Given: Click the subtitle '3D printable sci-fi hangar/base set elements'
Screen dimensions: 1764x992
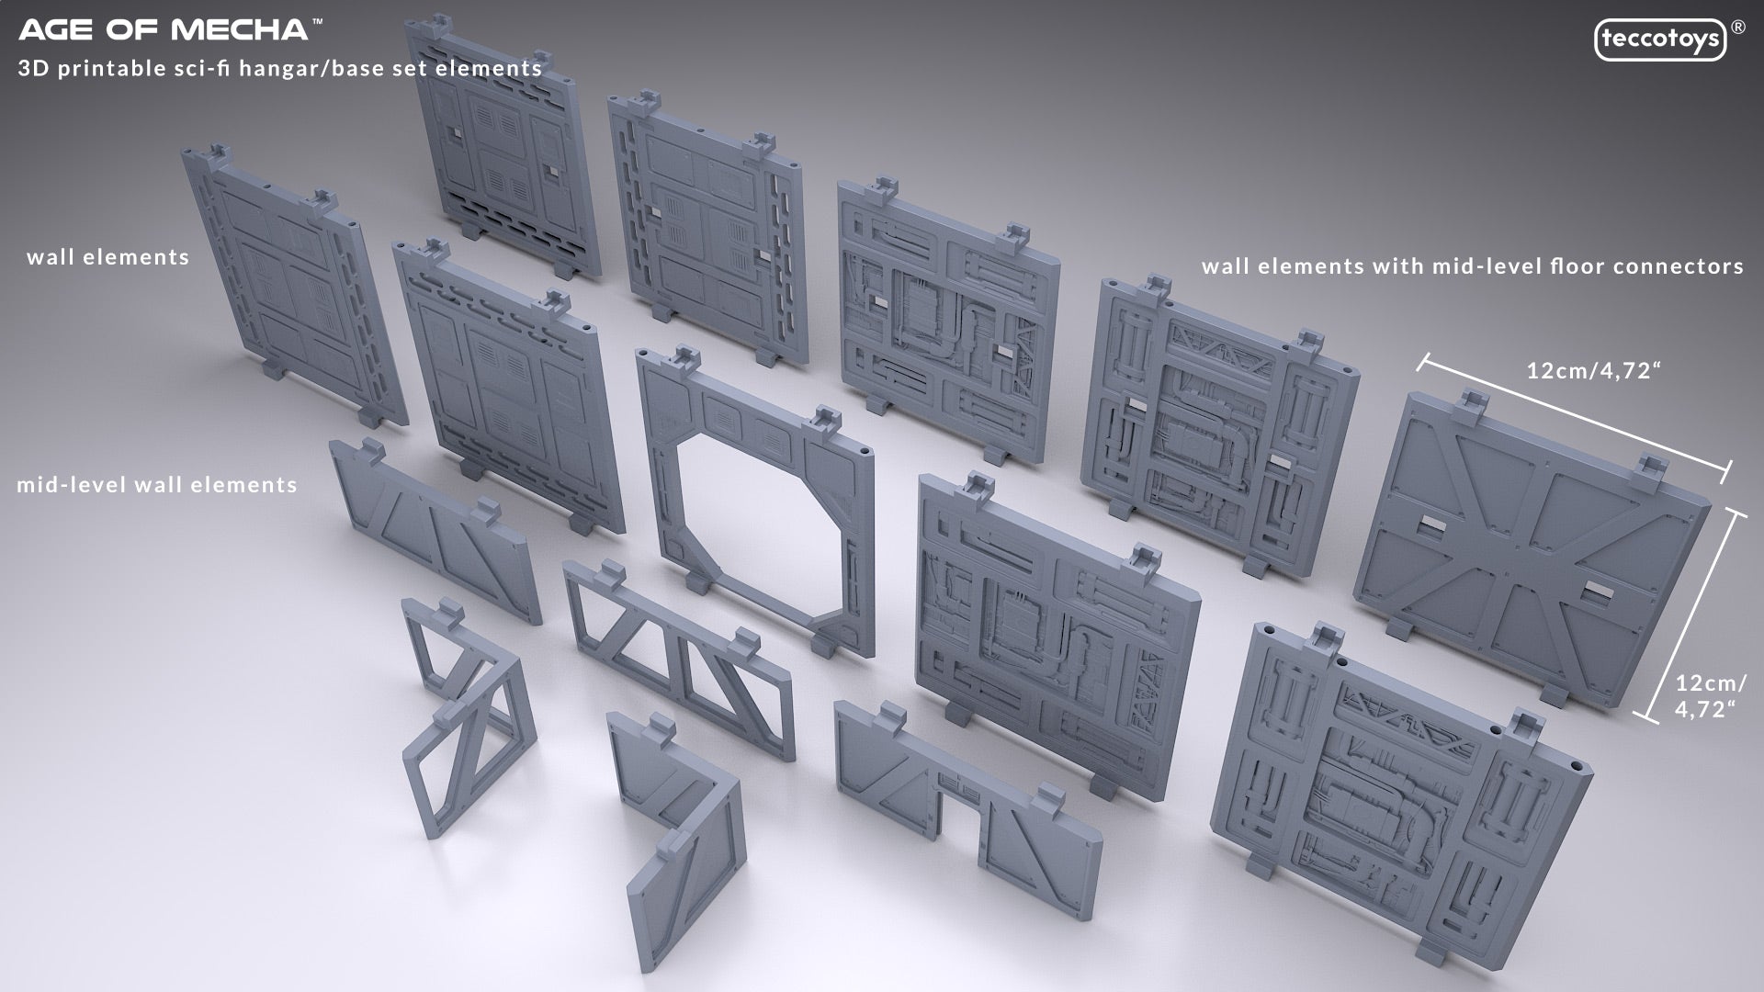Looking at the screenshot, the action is [280, 69].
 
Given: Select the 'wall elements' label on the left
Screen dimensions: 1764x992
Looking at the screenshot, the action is [108, 257].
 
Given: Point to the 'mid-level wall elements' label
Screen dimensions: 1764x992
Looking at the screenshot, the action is [157, 485].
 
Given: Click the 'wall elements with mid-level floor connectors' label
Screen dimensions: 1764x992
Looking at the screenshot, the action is [1473, 266].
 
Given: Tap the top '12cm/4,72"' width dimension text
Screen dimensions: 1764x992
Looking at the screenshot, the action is [1594, 371].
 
